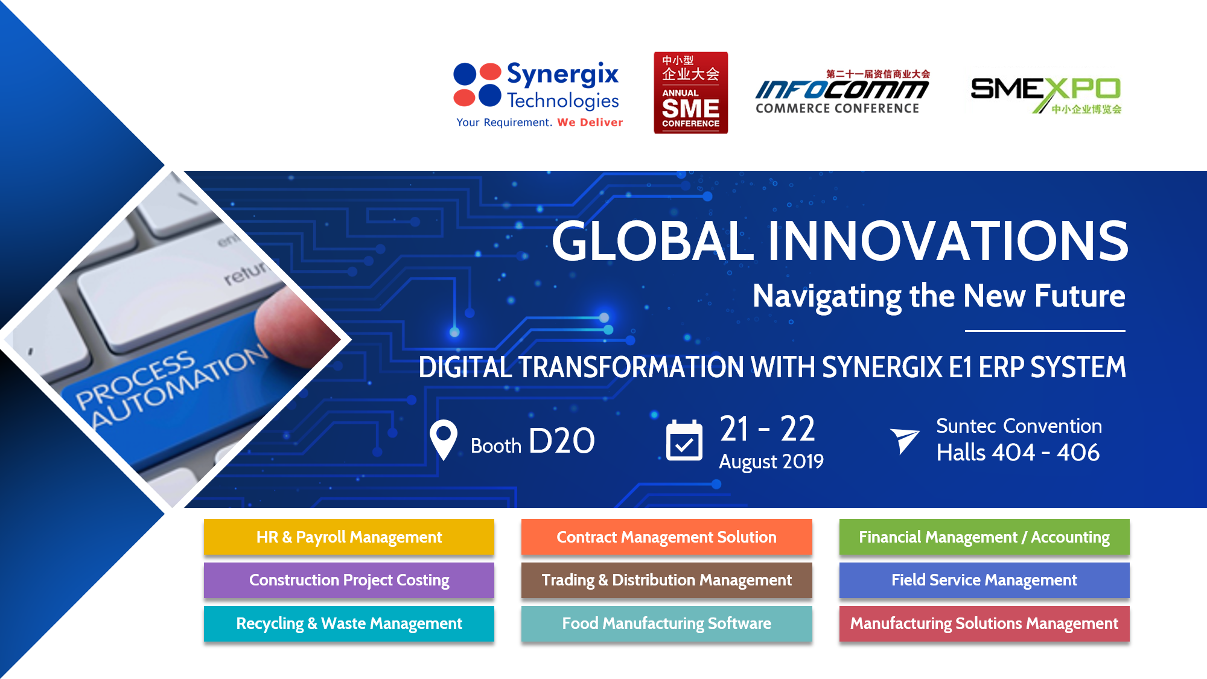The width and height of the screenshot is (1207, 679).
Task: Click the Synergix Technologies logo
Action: pos(537,94)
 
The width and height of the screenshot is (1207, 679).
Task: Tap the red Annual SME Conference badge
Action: pos(690,92)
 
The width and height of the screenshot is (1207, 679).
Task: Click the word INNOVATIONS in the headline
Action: pos(947,241)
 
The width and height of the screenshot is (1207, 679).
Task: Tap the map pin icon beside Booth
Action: pos(444,440)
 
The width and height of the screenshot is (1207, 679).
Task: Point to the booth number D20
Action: pos(561,441)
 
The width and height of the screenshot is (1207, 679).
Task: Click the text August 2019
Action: pos(771,462)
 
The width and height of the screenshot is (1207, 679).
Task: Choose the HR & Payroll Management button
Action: pos(349,537)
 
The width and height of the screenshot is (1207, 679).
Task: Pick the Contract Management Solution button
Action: pos(666,537)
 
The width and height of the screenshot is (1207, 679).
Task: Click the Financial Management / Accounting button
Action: pos(984,537)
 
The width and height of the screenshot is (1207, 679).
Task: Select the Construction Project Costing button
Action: pos(349,580)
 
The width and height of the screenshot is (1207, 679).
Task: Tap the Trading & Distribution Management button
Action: pos(666,580)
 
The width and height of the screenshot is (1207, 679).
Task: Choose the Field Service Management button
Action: pos(984,580)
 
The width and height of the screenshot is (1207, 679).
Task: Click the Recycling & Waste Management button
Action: pos(349,623)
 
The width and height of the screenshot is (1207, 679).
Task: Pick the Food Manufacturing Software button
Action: pos(666,623)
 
